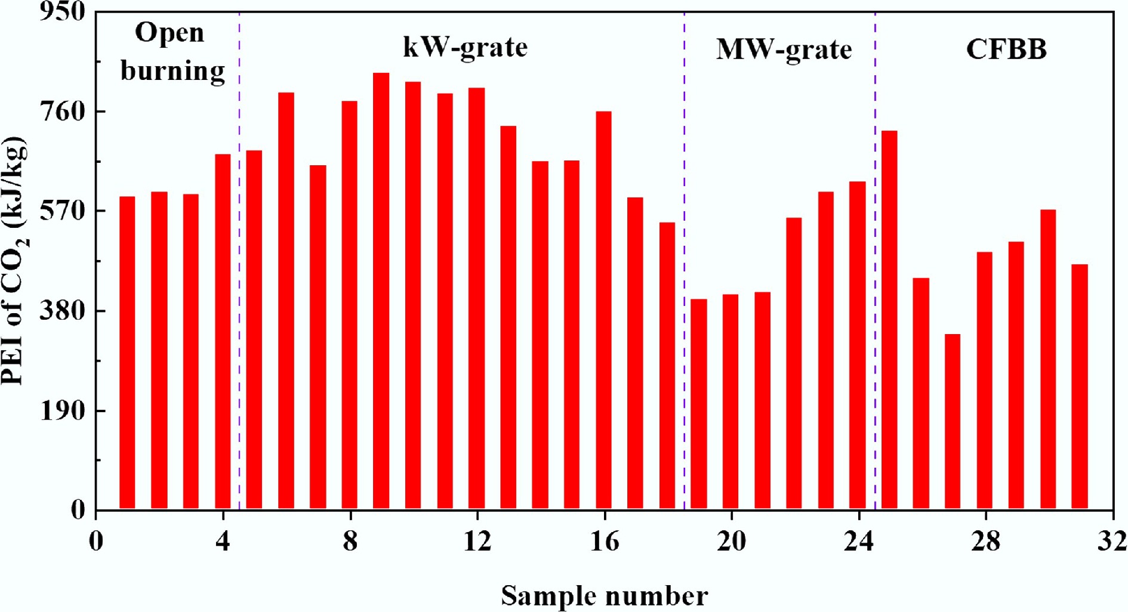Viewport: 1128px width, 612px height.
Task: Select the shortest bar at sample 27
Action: point(953,422)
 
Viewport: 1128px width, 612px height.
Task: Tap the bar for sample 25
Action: point(889,320)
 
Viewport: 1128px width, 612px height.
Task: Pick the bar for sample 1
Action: point(127,353)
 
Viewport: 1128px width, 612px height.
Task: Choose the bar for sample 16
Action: point(603,310)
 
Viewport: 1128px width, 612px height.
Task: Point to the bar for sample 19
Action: point(699,404)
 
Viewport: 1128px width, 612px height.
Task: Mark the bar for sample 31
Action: point(1080,387)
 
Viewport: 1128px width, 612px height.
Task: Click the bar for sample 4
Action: point(223,332)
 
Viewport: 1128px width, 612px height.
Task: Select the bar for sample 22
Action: point(794,364)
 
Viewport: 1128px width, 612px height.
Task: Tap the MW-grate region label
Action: point(784,50)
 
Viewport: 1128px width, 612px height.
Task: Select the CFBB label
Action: point(1006,49)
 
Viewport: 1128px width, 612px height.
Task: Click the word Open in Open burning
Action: point(169,33)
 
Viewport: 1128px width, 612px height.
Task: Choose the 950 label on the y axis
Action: point(63,11)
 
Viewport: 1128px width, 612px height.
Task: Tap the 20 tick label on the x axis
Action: point(731,541)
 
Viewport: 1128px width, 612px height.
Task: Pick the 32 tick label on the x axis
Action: point(1112,541)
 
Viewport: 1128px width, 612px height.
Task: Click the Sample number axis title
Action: point(604,595)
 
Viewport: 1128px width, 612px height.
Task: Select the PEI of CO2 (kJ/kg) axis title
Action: point(14,261)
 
